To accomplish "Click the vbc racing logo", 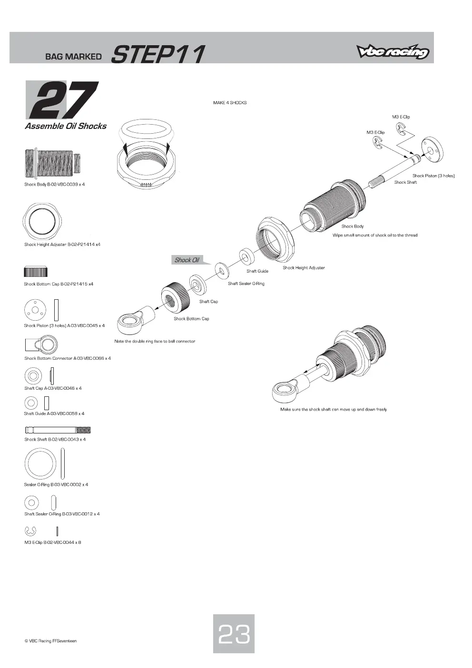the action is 393,52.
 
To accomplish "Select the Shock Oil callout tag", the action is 188,260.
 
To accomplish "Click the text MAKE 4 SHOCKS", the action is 230,103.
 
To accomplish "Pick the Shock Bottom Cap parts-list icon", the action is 36,272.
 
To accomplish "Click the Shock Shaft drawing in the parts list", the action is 58,430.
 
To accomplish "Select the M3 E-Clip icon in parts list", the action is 30,531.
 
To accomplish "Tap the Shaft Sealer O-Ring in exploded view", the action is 222,271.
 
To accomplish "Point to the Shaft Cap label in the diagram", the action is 209,302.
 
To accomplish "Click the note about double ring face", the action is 155,341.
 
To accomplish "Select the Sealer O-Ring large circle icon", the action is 40,464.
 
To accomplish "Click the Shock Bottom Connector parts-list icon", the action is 41,344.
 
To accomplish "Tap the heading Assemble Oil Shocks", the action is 66,126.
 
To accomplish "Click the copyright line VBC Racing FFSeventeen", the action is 51,640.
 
